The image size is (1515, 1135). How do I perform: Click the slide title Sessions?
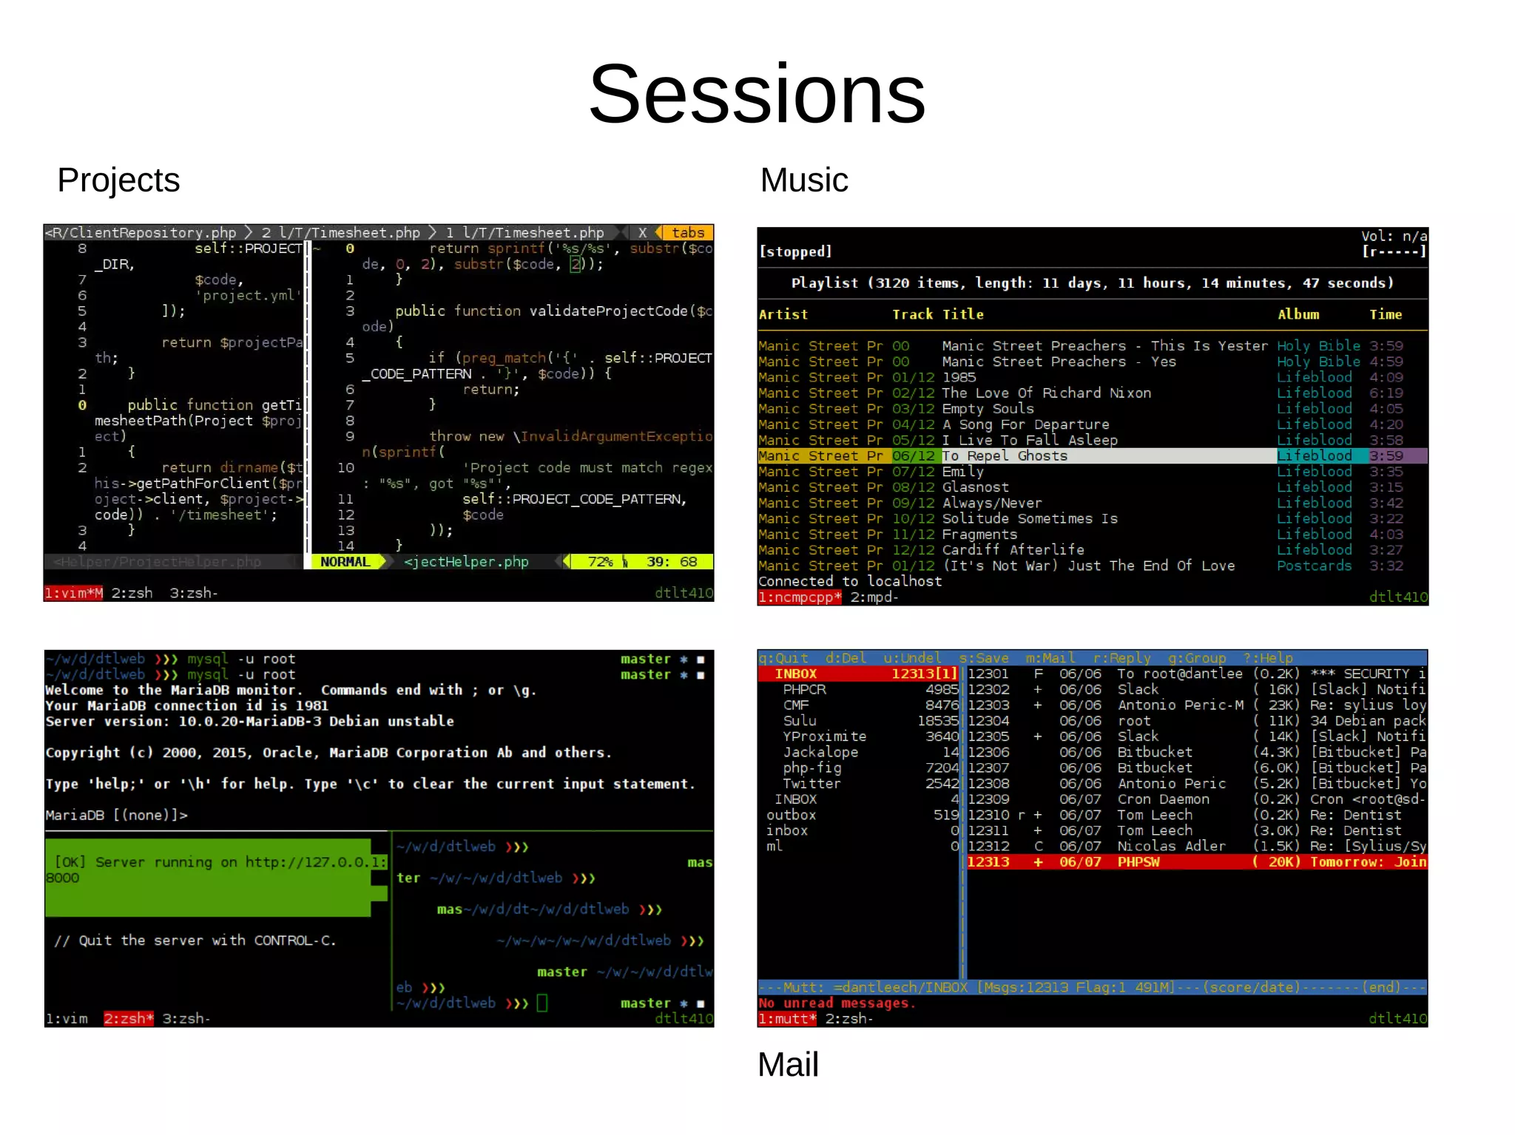(757, 95)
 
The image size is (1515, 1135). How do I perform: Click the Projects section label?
(118, 180)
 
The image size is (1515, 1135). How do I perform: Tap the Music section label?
(804, 180)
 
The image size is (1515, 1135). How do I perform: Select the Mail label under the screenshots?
(788, 1065)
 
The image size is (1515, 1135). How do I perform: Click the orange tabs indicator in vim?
(687, 233)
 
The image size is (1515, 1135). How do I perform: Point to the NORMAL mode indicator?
(345, 562)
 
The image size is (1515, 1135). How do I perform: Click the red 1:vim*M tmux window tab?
(73, 593)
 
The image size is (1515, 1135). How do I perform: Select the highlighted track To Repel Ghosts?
(1005, 456)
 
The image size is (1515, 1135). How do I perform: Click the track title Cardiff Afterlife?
(1013, 550)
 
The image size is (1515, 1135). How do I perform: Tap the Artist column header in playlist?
(783, 315)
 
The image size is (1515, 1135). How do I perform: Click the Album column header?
(1298, 315)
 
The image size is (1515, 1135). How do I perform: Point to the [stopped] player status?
(795, 252)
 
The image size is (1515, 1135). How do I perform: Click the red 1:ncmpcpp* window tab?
(800, 597)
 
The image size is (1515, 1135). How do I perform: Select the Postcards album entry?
(1314, 566)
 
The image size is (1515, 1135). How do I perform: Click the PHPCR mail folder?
(804, 690)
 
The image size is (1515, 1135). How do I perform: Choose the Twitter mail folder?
(812, 784)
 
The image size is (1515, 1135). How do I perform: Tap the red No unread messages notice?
(837, 1003)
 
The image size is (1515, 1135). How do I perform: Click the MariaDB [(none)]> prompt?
(116, 816)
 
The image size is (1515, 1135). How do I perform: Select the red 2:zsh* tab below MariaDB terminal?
(129, 1019)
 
